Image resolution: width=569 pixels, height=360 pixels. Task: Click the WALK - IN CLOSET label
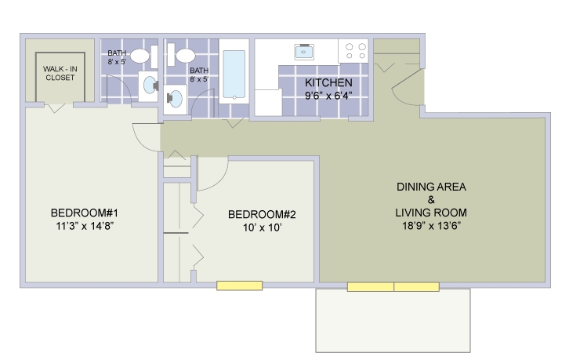click(54, 74)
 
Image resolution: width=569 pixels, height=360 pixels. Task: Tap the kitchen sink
click(304, 52)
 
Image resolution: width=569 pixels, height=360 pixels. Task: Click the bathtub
click(234, 75)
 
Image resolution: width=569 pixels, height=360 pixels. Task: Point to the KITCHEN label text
click(328, 83)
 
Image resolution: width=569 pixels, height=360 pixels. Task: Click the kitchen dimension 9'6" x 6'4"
click(328, 96)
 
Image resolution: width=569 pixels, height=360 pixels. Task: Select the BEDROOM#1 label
click(84, 213)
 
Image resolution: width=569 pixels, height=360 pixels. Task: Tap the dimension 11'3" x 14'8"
click(84, 227)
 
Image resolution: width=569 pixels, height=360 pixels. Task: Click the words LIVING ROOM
click(431, 213)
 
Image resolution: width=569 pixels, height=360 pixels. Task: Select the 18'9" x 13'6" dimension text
click(431, 226)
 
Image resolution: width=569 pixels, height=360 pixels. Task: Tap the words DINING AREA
click(431, 187)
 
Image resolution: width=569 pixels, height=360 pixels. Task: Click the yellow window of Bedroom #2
click(239, 286)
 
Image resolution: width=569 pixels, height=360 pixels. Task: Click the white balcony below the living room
click(392, 322)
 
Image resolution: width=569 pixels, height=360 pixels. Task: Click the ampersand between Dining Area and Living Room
click(431, 200)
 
